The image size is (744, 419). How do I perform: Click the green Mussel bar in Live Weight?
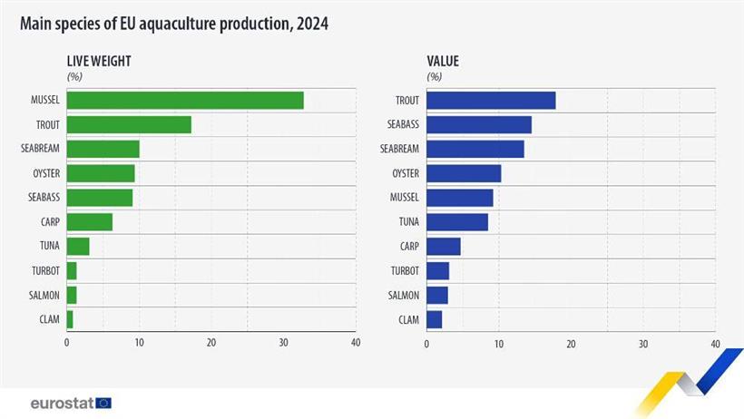pos(185,101)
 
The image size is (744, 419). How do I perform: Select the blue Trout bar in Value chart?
pos(491,101)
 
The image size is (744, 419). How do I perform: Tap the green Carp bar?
pos(90,222)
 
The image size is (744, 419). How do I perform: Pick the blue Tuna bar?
pos(457,221)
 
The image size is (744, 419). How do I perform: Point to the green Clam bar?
pos(70,319)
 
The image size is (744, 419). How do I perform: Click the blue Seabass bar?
pos(479,124)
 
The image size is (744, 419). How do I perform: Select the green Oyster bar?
pos(101,173)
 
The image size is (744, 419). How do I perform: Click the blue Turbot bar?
pos(437,270)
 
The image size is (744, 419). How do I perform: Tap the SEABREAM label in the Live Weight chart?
pos(42,149)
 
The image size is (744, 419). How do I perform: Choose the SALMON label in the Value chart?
pos(404,295)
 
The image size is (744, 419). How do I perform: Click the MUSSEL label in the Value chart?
pos(404,198)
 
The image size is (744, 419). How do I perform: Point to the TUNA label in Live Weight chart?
pos(50,247)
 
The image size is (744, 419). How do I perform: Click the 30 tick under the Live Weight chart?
pos(283,343)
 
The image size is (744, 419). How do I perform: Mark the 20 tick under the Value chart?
pos(571,344)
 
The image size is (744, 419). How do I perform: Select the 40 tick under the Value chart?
pos(715,344)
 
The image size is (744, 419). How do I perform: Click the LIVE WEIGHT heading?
pos(100,62)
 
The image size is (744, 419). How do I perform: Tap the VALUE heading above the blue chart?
pos(442,62)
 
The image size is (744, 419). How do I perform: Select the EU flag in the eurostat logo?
pos(103,403)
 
